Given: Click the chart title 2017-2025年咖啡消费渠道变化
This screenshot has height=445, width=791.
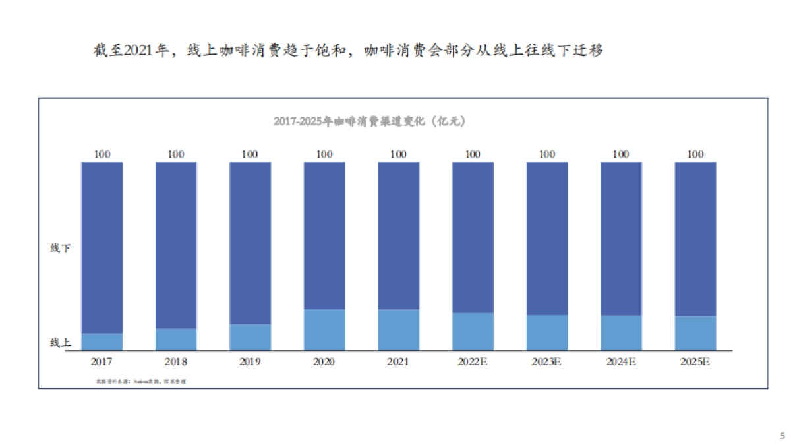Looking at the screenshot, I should click(x=370, y=121).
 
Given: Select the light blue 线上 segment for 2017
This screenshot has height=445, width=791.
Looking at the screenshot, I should click(x=102, y=341).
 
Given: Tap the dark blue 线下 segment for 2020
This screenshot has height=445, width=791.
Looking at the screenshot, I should click(x=324, y=235).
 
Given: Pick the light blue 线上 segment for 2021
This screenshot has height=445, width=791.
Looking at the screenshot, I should click(x=398, y=330).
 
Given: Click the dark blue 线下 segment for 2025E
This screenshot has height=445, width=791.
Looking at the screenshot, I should click(x=695, y=239).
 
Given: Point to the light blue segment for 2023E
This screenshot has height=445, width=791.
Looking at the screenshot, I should click(x=547, y=332).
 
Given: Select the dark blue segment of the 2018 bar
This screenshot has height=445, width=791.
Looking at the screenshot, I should click(x=176, y=245).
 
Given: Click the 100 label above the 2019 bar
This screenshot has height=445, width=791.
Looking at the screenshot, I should click(x=250, y=154).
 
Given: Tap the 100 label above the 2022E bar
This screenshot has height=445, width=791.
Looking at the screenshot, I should click(x=473, y=154).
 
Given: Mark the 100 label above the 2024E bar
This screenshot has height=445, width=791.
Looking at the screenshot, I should click(x=621, y=154).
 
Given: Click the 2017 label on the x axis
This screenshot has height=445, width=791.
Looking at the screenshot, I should click(x=102, y=362).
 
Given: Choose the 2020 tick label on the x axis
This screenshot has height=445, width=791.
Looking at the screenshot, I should click(x=324, y=362).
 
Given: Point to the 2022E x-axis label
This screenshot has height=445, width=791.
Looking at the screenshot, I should click(x=473, y=362).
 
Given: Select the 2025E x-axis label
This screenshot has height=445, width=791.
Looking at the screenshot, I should click(x=695, y=362).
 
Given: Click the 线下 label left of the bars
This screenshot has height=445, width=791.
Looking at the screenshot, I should click(x=61, y=249).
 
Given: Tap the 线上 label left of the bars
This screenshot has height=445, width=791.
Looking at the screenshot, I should click(x=61, y=343).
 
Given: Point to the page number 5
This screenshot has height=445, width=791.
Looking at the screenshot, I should click(x=782, y=436).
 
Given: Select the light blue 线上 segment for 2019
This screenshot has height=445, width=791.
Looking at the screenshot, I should click(x=250, y=337).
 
